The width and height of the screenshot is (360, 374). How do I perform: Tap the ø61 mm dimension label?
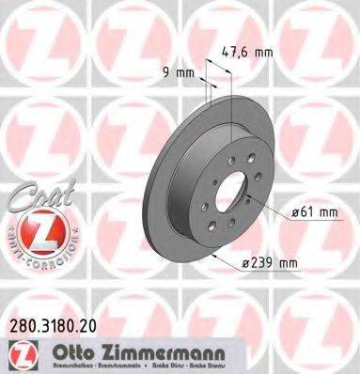(x=313, y=211)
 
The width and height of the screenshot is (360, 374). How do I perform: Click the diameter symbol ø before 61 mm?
(x=295, y=211)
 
